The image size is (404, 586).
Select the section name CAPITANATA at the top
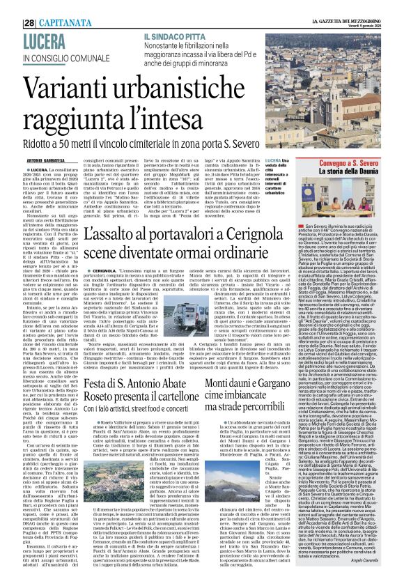(x=48, y=6)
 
